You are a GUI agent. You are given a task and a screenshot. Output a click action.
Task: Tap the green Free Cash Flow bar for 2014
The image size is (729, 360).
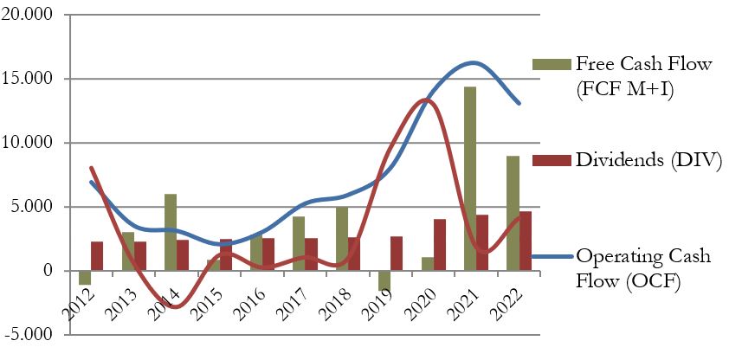point(170,233)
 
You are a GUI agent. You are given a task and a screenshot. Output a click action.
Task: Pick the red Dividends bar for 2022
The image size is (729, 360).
point(525,241)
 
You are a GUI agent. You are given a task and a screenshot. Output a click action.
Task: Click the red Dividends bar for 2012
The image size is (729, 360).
point(97,256)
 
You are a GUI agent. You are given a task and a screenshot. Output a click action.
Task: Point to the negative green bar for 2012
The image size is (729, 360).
point(84,278)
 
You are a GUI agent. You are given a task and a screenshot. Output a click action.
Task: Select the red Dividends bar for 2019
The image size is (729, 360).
point(397,254)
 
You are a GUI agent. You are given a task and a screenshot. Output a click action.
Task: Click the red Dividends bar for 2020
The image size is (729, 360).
point(439,245)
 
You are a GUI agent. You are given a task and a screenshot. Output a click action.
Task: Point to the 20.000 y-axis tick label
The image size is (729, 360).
point(29,16)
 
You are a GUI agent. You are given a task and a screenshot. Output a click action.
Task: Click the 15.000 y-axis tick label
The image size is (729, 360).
point(29,80)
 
